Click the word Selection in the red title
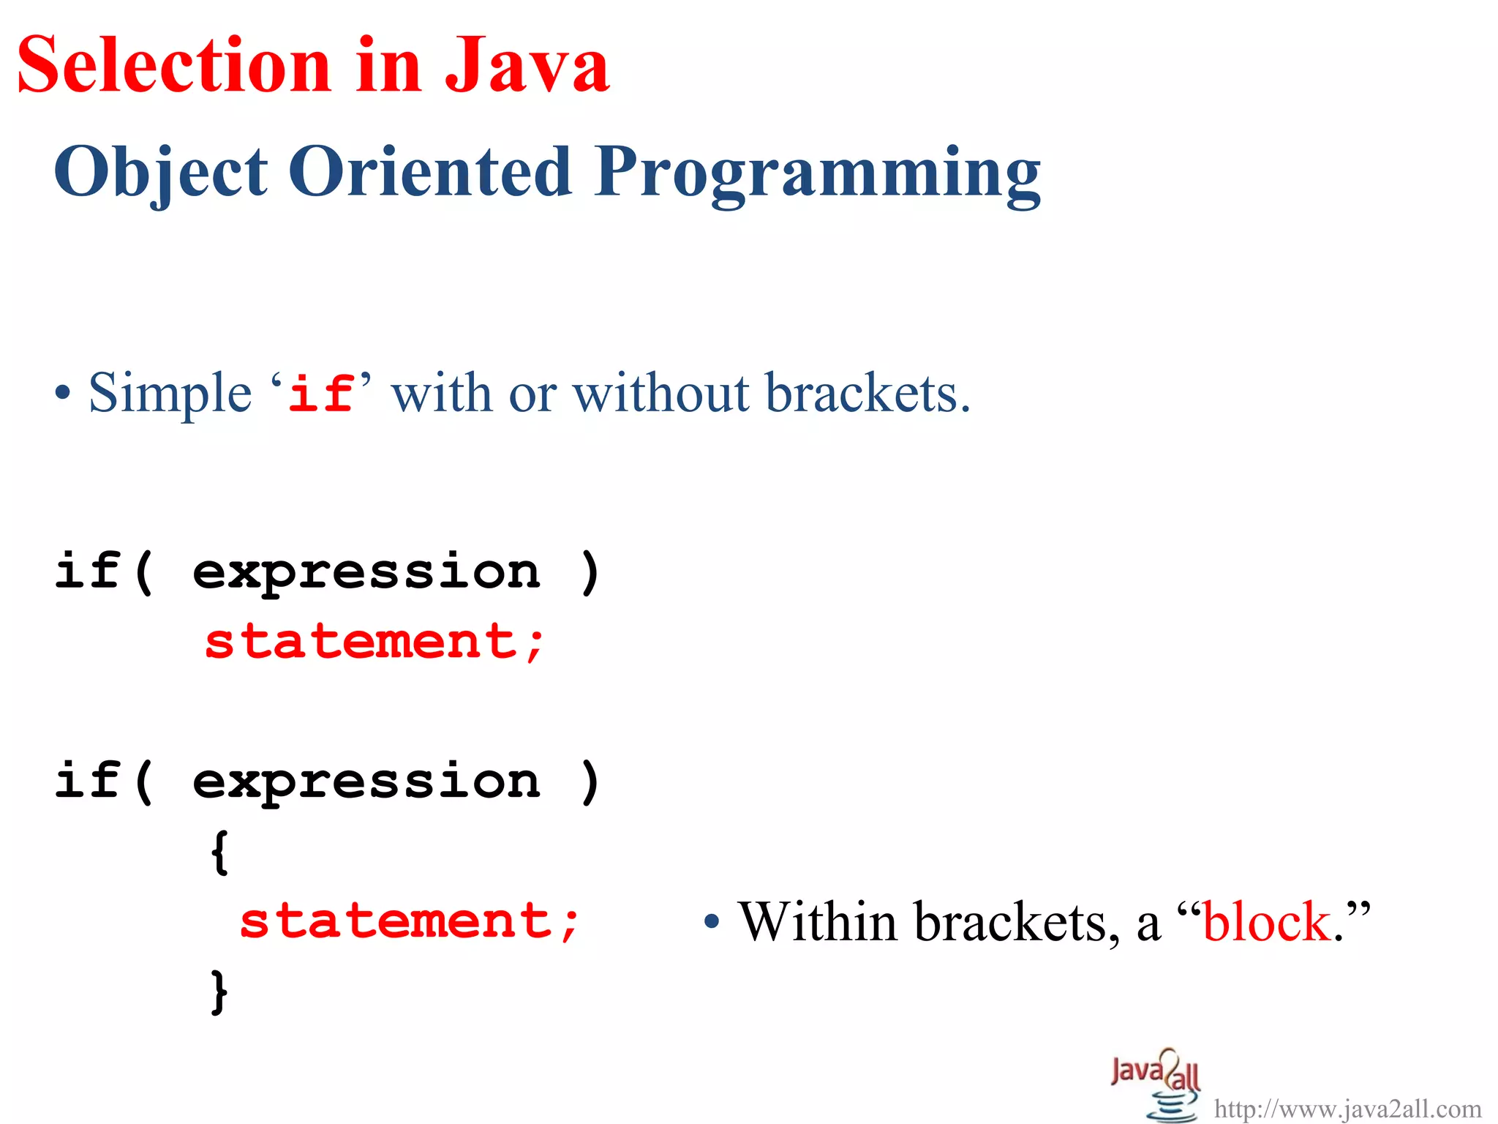(174, 66)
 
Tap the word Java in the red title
(527, 66)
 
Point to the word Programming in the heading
(817, 174)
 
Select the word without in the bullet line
(662, 394)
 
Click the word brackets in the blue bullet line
(867, 394)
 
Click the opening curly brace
(219, 852)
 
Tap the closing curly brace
(219, 992)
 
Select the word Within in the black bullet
(818, 922)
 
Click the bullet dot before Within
(712, 923)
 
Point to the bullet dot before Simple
(64, 394)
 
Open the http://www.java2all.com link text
(1347, 1109)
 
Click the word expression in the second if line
(366, 782)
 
